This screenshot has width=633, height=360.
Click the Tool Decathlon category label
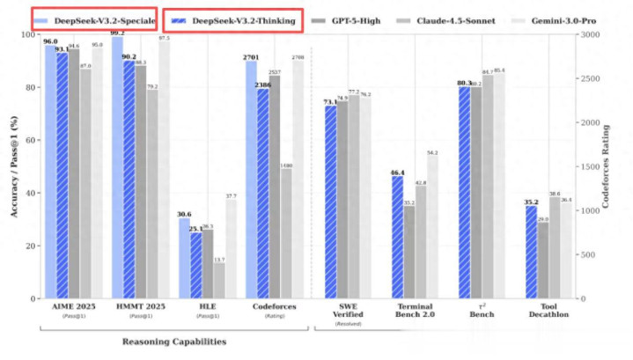tap(549, 312)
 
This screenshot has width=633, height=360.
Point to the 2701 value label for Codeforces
tap(250, 56)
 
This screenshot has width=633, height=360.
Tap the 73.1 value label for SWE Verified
tap(329, 102)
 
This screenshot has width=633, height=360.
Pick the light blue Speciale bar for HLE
tap(184, 259)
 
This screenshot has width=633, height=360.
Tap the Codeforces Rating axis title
tap(608, 167)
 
